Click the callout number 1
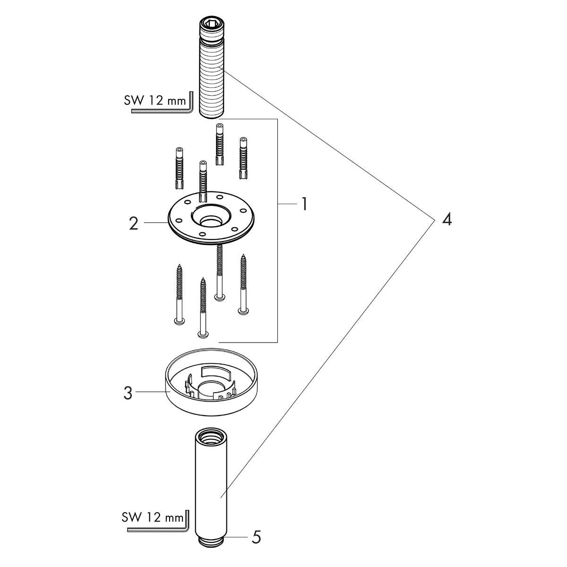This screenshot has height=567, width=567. click(x=304, y=205)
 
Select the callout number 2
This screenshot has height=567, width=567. click(x=134, y=223)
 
